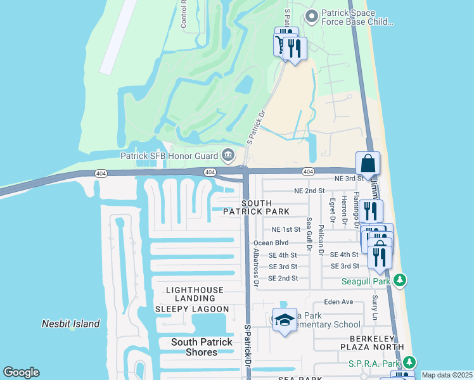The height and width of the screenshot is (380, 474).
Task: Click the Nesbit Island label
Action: coord(71,324)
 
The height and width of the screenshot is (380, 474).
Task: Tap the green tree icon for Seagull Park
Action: coord(399,279)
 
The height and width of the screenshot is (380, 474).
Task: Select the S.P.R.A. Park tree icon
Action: coord(410,362)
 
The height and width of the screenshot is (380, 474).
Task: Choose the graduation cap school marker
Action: coord(285,320)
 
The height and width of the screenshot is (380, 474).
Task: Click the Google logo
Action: coord(21,372)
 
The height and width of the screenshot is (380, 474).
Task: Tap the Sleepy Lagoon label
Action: coord(192,308)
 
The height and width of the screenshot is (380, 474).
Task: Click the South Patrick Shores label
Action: coord(202,347)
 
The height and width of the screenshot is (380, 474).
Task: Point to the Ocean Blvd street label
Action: coord(271,243)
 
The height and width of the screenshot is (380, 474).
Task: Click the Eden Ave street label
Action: coord(338,302)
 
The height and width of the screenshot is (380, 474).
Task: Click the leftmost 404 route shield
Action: coord(101,172)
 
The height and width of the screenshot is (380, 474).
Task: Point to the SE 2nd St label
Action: coord(283,278)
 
